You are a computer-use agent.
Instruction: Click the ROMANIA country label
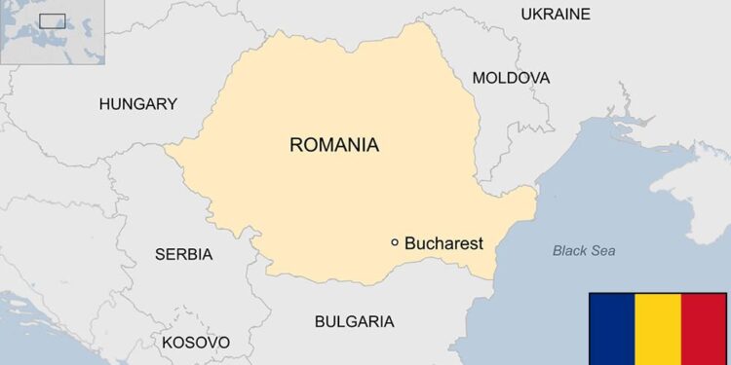pos(333,146)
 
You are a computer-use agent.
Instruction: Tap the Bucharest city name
pos(443,243)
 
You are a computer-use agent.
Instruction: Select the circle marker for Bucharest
pos(395,242)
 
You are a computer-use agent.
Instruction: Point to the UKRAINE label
pos(556,14)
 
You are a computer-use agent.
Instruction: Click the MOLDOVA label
pos(511,78)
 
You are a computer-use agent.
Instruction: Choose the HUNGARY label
pos(137,104)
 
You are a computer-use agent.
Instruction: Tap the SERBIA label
pos(183,255)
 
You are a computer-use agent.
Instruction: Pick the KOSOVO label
pos(196,343)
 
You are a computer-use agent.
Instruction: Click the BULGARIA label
pos(354,321)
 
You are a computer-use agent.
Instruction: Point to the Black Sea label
pos(584,251)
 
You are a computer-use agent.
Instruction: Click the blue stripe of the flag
pos(611,328)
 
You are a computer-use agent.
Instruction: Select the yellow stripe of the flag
pos(658,328)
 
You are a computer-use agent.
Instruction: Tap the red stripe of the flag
pos(705,328)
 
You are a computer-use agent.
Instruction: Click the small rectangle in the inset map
pos(53,20)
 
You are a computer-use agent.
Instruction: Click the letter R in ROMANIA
pos(296,146)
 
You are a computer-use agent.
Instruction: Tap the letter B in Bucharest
pos(410,243)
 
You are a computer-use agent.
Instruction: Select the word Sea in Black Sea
pos(603,251)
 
